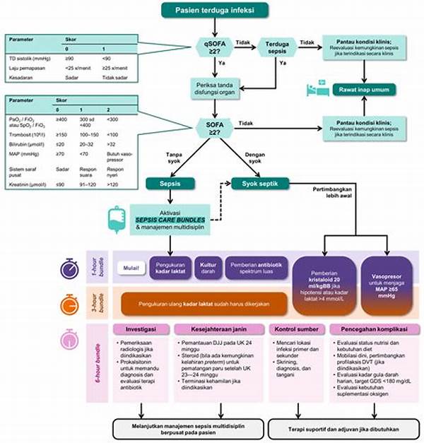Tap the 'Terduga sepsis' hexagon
tap(277, 47)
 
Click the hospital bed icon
tap(310, 88)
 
